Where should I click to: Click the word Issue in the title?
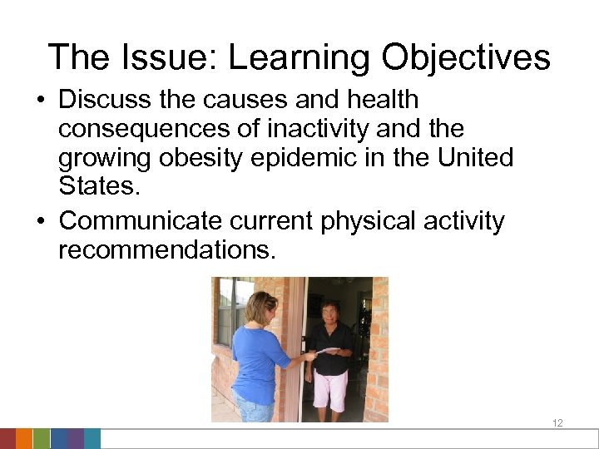pyautogui.click(x=162, y=57)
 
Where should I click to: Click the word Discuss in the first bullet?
pyautogui.click(x=101, y=101)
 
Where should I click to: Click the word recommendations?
pyautogui.click(x=166, y=249)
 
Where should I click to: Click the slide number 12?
pyautogui.click(x=557, y=423)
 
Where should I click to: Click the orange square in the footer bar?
pyautogui.click(x=24, y=439)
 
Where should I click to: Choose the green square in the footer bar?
pyautogui.click(x=42, y=439)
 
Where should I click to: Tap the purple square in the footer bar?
pyautogui.click(x=75, y=439)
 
